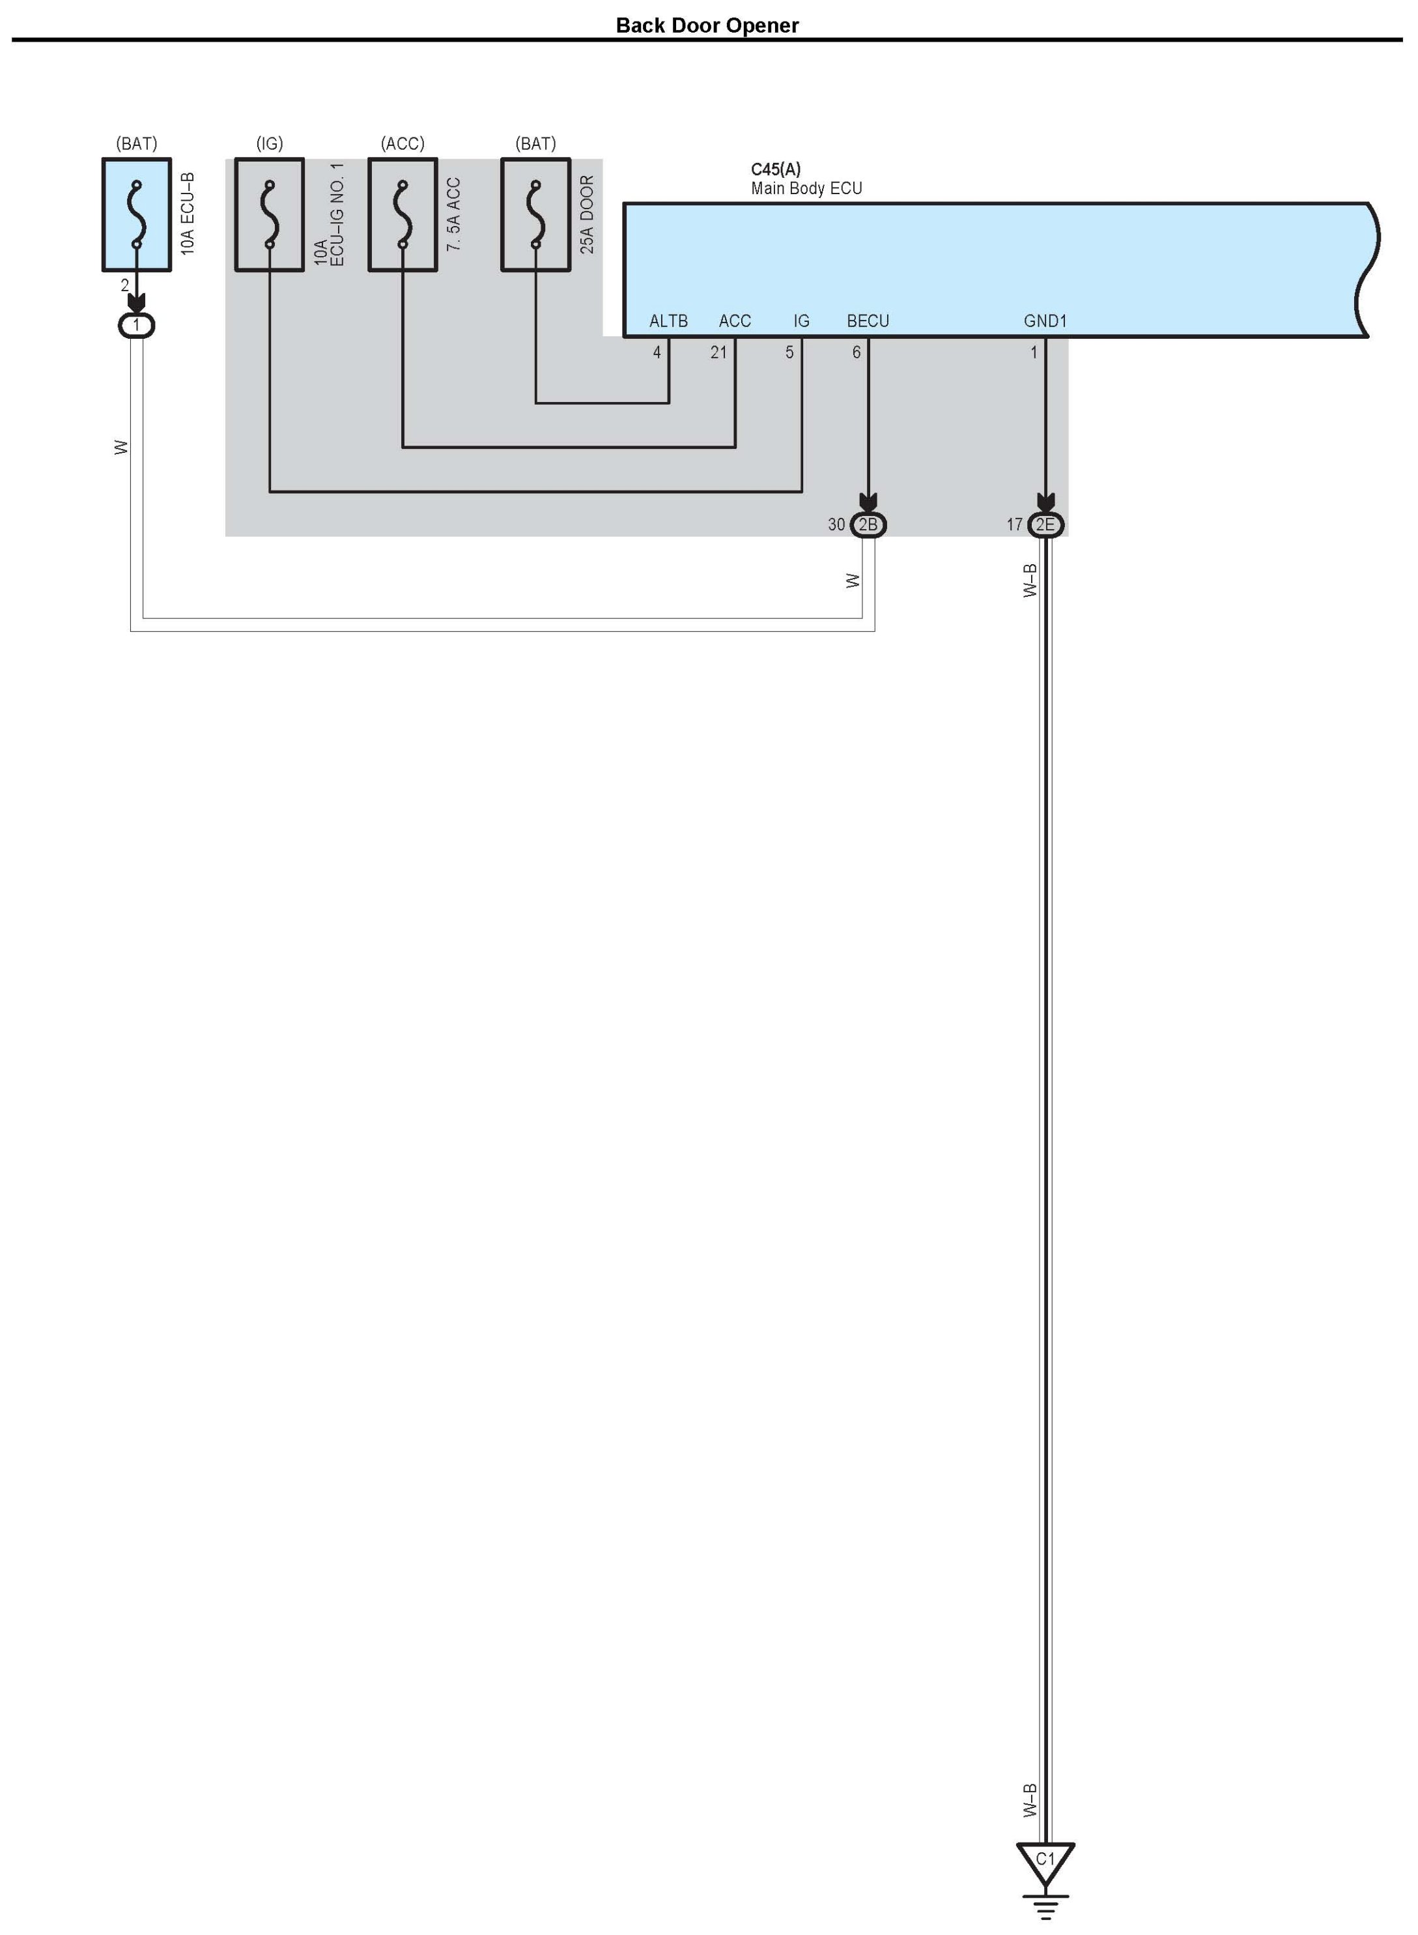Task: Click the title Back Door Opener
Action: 707,26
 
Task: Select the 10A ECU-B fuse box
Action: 137,214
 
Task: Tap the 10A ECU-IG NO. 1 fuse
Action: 270,214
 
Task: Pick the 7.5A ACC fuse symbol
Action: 403,214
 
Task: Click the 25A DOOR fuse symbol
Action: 535,214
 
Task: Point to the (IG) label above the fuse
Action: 270,143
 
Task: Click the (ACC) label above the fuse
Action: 403,143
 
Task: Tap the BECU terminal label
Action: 867,321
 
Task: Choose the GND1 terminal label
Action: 1045,321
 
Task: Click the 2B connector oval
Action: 868,524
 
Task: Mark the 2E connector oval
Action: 1045,524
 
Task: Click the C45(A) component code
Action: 775,169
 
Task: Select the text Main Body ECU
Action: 806,188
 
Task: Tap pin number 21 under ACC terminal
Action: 718,352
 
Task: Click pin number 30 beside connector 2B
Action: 836,524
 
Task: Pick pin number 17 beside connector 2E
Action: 1014,524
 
